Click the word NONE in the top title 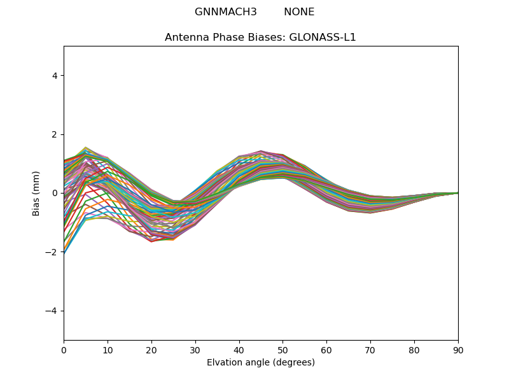299,12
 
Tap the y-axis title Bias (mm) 36,193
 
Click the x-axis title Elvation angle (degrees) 261,362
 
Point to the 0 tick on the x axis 64,350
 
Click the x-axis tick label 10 108,350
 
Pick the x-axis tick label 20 151,350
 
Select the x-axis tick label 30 195,350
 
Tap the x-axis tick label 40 239,350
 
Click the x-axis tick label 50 282,350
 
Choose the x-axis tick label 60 326,350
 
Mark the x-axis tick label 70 370,350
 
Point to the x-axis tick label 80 414,350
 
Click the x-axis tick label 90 458,350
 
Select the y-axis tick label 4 55,76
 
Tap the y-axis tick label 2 55,134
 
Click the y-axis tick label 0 55,193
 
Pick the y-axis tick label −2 52,252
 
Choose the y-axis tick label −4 52,311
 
